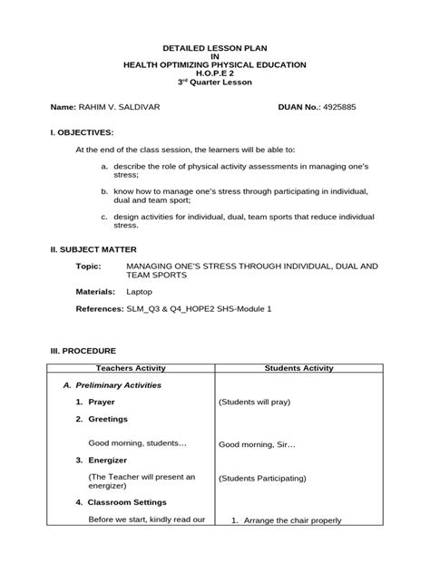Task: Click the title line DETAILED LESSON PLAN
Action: [215, 47]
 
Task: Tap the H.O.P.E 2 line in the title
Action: [215, 73]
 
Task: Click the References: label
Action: [99, 309]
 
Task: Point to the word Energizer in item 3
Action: [112, 461]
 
